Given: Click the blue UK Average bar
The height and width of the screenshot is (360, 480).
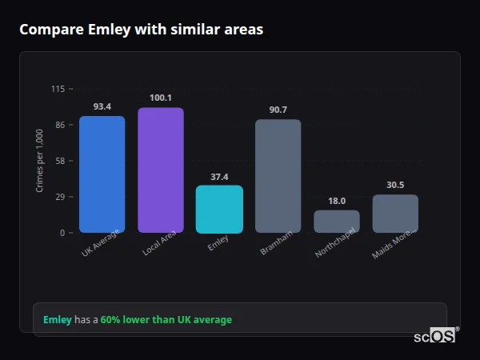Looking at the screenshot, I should pyautogui.click(x=102, y=174).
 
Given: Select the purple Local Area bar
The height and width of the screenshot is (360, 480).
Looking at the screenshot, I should pyautogui.click(x=161, y=170).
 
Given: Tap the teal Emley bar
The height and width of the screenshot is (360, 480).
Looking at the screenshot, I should pyautogui.click(x=219, y=210).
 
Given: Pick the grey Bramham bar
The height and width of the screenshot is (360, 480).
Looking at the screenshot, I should pyautogui.click(x=278, y=176).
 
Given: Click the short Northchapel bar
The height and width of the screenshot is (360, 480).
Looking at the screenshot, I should pyautogui.click(x=337, y=222).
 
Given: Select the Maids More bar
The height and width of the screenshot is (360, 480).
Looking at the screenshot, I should pyautogui.click(x=395, y=214).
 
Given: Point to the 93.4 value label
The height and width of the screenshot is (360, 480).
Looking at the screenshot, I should pyautogui.click(x=102, y=106).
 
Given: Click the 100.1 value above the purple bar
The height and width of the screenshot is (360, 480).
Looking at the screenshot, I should pyautogui.click(x=161, y=98).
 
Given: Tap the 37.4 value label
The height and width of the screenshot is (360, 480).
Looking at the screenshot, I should pyautogui.click(x=219, y=176).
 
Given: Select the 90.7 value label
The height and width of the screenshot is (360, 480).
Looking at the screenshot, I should pyautogui.click(x=278, y=110).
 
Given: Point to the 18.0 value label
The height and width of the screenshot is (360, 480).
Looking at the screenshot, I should pyautogui.click(x=337, y=201).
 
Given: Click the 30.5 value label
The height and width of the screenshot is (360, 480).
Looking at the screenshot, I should pyautogui.click(x=395, y=185).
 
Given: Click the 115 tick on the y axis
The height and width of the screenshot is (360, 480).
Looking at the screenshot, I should pyautogui.click(x=58, y=89).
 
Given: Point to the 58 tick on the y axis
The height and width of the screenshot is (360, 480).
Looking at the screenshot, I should pyautogui.click(x=60, y=161).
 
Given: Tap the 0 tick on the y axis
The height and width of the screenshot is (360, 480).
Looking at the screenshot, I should pyautogui.click(x=62, y=233).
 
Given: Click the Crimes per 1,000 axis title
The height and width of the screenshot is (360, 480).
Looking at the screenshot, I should pyautogui.click(x=39, y=160).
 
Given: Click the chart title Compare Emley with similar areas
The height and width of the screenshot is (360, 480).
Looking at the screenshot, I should pyautogui.click(x=141, y=30).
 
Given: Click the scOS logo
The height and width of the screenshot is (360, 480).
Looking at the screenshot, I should pyautogui.click(x=435, y=336).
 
